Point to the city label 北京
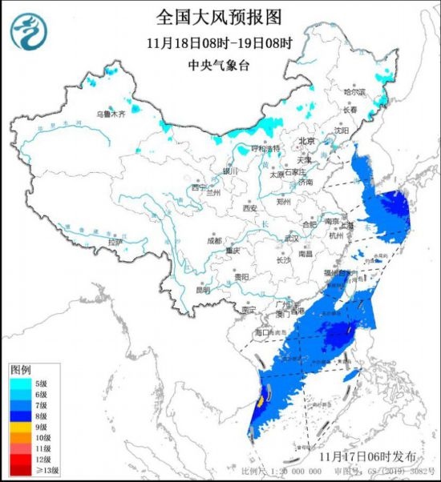(307, 141)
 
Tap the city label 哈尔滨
(354, 93)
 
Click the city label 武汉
(291, 239)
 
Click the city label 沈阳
(342, 130)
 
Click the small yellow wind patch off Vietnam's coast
(261, 398)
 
